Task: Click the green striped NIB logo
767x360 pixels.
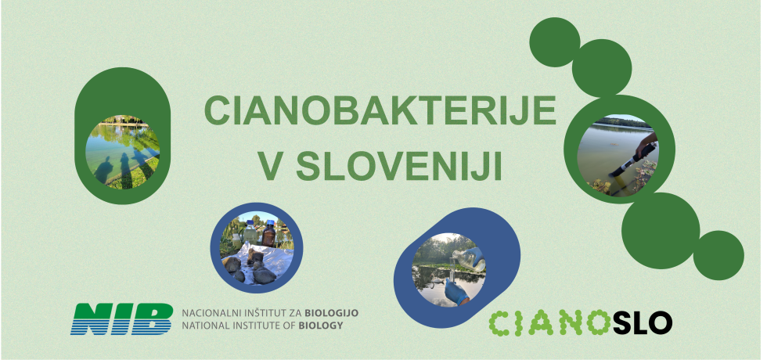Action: click(121, 318)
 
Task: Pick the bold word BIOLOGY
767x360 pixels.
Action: click(320, 325)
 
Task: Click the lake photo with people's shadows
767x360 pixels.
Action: click(122, 152)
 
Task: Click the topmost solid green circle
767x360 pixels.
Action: click(555, 42)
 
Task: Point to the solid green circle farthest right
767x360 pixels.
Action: click(718, 255)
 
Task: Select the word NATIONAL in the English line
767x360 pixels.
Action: click(205, 325)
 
